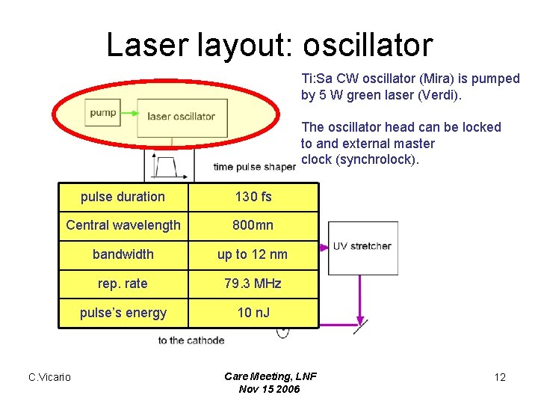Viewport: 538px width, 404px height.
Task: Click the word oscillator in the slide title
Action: [368, 45]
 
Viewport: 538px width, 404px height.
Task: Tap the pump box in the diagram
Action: [103, 113]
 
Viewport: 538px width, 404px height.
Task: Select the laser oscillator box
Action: [181, 116]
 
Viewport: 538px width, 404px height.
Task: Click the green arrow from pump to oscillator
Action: [129, 114]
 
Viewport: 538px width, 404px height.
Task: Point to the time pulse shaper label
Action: [254, 167]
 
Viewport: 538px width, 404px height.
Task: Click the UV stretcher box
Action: [362, 246]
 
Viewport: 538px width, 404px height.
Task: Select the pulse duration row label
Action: [123, 197]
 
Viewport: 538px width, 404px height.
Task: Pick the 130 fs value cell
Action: [253, 197]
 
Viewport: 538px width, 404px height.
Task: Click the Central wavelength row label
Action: [123, 225]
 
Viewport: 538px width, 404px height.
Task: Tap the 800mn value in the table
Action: [253, 225]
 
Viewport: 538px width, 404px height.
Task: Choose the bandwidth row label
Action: [123, 254]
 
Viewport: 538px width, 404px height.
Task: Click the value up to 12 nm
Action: [253, 254]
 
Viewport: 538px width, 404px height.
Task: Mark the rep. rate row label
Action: [123, 284]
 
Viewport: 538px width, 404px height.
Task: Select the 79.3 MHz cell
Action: [253, 284]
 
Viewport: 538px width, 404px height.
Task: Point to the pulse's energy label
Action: [123, 313]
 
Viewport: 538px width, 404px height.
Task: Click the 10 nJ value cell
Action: [253, 313]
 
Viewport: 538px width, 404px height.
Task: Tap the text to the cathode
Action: [191, 340]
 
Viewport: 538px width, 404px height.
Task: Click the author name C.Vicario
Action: [49, 377]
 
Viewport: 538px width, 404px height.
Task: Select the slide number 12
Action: [500, 377]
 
